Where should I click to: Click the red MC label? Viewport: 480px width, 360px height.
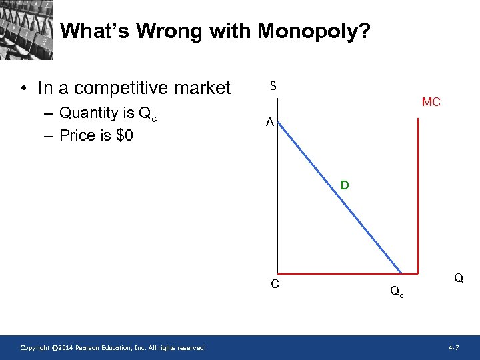coord(431,103)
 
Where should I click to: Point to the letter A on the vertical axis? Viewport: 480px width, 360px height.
coord(269,122)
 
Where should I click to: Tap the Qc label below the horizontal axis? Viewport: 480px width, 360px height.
coord(395,291)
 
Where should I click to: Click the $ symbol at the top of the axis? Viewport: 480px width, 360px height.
coord(273,86)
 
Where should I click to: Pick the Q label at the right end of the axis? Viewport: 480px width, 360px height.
coord(459,278)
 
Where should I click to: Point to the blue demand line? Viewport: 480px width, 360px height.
coord(340,200)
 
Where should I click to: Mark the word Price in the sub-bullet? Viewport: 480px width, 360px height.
coord(77,135)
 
